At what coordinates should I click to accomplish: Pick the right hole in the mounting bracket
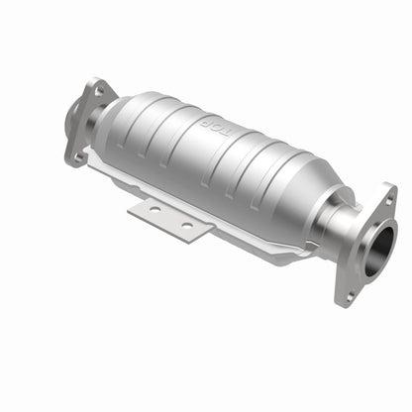coord(184,226)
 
